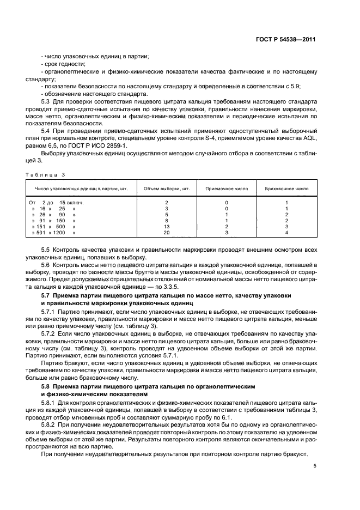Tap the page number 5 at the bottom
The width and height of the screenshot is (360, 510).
click(315, 465)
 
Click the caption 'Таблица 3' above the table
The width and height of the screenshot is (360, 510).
click(41, 174)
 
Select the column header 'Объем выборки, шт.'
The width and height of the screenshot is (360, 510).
click(166, 189)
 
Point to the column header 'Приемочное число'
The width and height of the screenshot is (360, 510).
click(226, 189)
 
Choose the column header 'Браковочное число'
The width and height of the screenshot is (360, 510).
click(286, 189)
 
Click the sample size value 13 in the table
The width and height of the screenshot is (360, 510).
click(166, 226)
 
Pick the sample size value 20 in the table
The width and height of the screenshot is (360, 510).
click(166, 232)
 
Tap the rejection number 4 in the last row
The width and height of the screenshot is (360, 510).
click(286, 232)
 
